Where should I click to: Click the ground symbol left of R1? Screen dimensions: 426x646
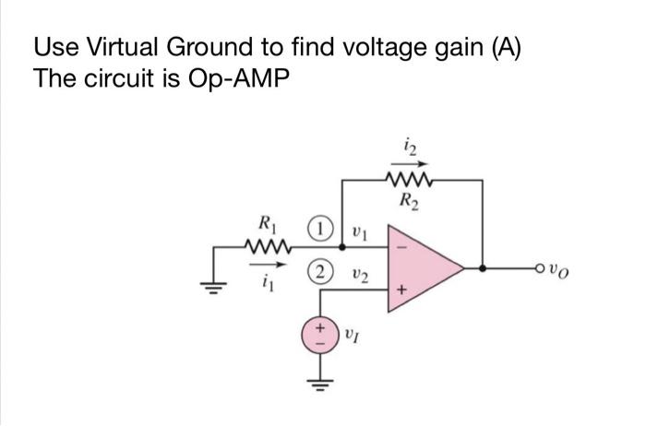click(214, 284)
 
